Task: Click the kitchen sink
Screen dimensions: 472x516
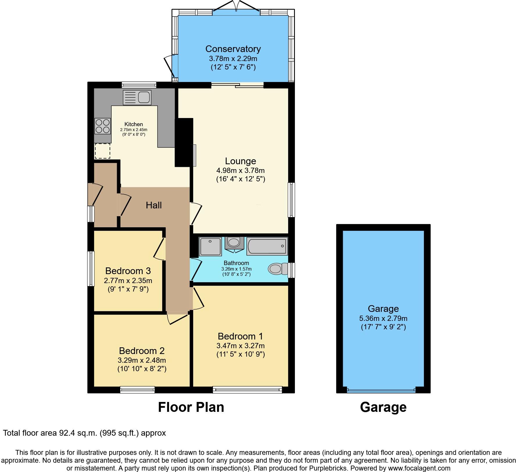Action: pyautogui.click(x=137, y=97)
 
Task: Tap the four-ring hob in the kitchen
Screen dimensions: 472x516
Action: pyautogui.click(x=103, y=126)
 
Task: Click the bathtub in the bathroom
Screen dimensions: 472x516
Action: pyautogui.click(x=267, y=246)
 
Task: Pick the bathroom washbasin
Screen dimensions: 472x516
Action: pyautogui.click(x=233, y=242)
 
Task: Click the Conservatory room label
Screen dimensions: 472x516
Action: pyautogui.click(x=233, y=49)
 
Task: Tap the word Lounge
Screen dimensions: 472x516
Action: pyautogui.click(x=241, y=161)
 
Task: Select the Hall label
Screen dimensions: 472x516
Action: pyautogui.click(x=154, y=205)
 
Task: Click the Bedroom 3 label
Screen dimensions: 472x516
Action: pyautogui.click(x=128, y=271)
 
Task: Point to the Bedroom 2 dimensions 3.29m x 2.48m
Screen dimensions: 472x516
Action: pyautogui.click(x=142, y=360)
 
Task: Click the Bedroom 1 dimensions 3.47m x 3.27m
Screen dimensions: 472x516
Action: pyautogui.click(x=241, y=346)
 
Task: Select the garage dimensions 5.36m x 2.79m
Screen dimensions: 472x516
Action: pyautogui.click(x=383, y=318)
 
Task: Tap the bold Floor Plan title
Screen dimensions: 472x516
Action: pyautogui.click(x=191, y=407)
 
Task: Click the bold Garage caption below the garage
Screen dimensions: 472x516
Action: pyautogui.click(x=383, y=407)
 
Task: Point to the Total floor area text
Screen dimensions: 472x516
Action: pyautogui.click(x=85, y=433)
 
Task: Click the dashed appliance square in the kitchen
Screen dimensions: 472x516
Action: pyautogui.click(x=103, y=151)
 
